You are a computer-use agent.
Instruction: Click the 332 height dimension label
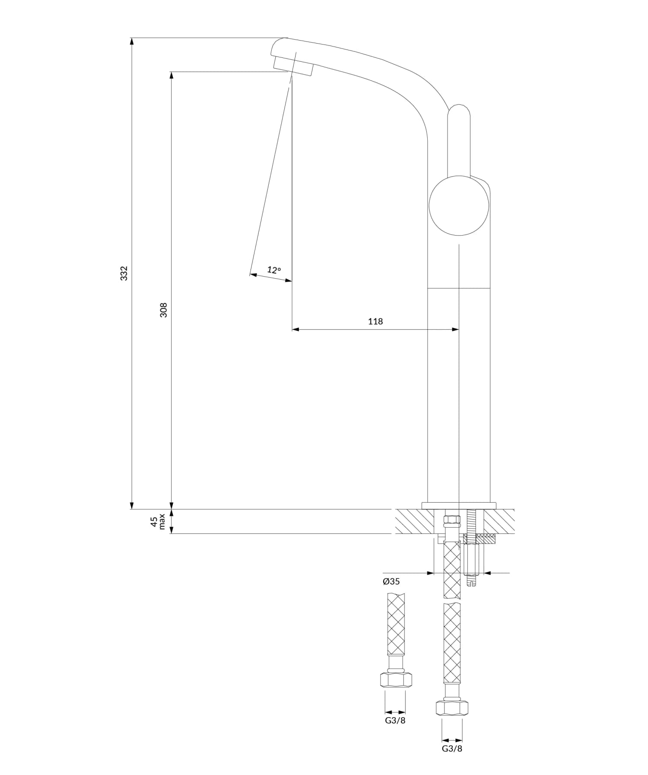[x=124, y=274]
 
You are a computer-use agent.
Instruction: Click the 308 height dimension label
[x=164, y=310]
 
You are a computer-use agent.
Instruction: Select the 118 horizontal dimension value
[x=375, y=321]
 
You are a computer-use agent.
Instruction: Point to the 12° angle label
[x=274, y=270]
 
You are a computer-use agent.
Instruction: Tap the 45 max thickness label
[x=158, y=521]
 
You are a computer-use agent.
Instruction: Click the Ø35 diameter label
[x=391, y=581]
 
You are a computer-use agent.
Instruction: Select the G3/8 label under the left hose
[x=395, y=721]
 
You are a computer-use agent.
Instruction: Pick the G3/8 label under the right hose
[x=452, y=749]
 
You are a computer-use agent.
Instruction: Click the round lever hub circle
[x=459, y=205]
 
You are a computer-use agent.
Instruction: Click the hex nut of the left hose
[x=396, y=680]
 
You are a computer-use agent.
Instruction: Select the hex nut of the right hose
[x=452, y=708]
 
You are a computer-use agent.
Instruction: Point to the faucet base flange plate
[x=459, y=506]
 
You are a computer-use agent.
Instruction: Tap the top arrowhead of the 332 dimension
[x=132, y=41]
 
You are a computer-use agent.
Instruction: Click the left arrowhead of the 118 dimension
[x=295, y=330]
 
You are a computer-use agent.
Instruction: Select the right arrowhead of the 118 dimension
[x=455, y=330]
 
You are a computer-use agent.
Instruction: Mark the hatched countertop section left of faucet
[x=414, y=521]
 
